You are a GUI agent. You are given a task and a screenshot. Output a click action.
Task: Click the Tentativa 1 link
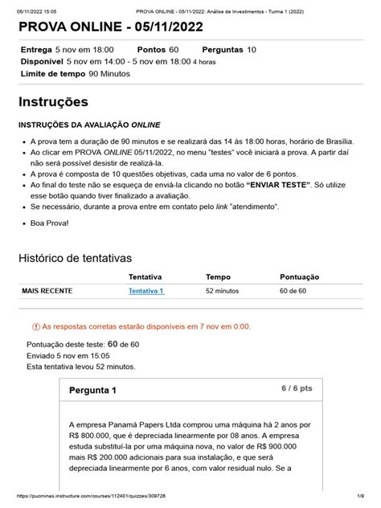click(x=145, y=291)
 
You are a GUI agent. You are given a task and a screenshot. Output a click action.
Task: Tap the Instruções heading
click(x=63, y=102)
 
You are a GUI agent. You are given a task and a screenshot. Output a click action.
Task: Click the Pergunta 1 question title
click(x=92, y=391)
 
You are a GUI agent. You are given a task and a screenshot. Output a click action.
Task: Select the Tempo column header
click(x=219, y=276)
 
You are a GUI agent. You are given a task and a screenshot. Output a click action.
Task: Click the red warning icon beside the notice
click(x=35, y=328)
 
